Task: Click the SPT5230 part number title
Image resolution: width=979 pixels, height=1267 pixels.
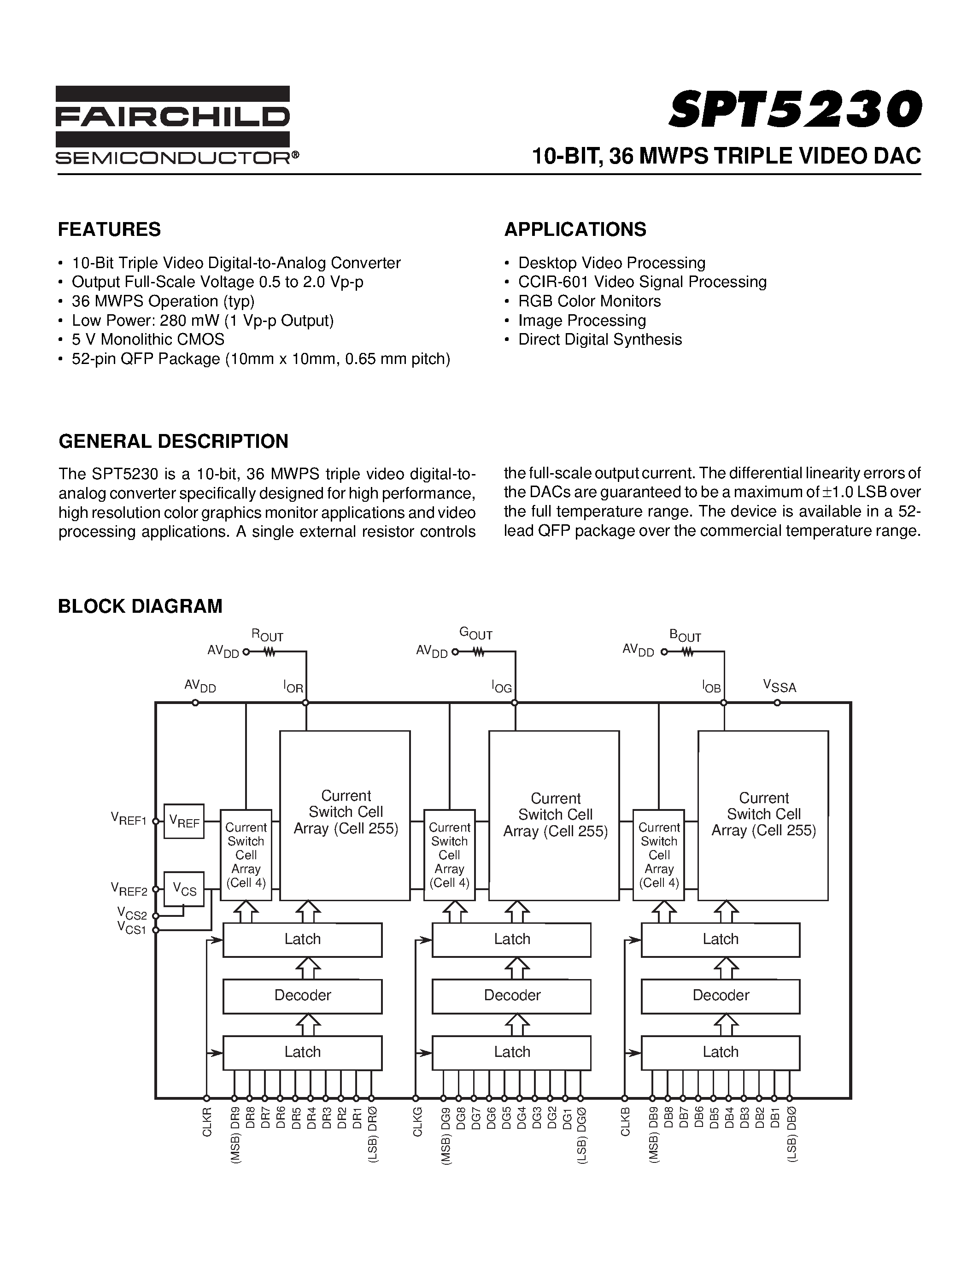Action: click(x=795, y=110)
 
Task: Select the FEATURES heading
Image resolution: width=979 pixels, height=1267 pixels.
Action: click(x=109, y=230)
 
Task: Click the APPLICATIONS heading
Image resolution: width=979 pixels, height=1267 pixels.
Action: click(x=575, y=230)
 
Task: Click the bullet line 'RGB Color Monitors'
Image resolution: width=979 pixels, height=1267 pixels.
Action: click(x=589, y=301)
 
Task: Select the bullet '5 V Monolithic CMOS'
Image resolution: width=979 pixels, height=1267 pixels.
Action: click(x=148, y=340)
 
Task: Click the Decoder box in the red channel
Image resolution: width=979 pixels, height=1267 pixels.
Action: click(x=302, y=996)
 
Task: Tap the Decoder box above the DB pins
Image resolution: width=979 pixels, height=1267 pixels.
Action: click(x=721, y=996)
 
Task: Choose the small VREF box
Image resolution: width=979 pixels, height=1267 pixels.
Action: click(x=184, y=821)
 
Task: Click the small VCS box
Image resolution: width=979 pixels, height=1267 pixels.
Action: click(x=184, y=889)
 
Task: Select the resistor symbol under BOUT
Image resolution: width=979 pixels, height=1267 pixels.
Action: click(x=687, y=652)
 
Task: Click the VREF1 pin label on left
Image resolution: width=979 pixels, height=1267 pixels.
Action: click(x=128, y=820)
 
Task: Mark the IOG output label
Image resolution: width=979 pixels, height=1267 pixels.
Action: click(x=502, y=687)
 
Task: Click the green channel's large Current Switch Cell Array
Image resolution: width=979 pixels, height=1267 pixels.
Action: click(x=554, y=815)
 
